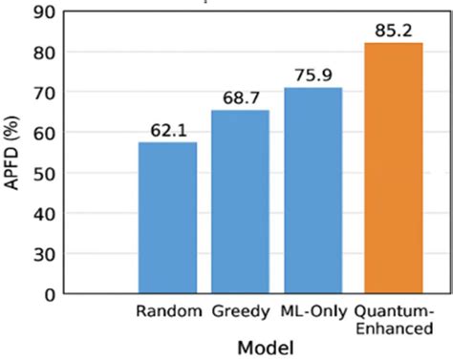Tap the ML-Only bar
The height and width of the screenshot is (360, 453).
(313, 190)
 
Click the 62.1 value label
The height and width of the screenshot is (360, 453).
(167, 128)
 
